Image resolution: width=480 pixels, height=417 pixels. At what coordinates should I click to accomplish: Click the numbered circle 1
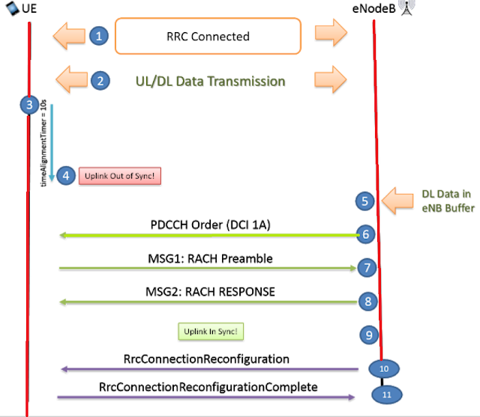99,35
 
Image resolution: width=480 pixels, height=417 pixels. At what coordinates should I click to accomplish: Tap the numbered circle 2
100,80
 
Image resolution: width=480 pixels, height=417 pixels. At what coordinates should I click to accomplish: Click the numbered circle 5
364,201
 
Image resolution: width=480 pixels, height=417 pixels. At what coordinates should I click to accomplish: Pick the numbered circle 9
367,335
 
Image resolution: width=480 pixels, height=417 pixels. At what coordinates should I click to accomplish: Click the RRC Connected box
208,36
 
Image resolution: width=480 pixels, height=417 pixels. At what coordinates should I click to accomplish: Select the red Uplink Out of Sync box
120,177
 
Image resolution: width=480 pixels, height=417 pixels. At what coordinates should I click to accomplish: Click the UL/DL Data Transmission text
209,81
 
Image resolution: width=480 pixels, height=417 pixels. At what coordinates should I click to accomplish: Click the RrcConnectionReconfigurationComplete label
208,387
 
